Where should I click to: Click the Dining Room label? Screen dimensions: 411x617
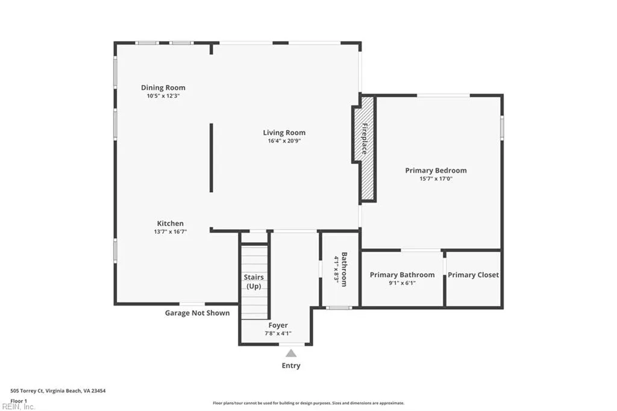click(163, 87)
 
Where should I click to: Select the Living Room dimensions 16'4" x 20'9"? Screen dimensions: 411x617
click(284, 141)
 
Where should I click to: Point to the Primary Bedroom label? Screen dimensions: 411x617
click(436, 171)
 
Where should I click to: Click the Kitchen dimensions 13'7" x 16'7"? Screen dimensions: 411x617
click(171, 231)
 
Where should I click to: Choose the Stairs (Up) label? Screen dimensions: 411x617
click(254, 281)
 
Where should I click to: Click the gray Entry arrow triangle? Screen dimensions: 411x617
click(291, 353)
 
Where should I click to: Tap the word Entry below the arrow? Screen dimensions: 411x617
click(291, 366)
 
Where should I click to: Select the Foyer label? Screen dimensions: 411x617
click(278, 325)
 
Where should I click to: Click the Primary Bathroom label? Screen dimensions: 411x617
click(402, 275)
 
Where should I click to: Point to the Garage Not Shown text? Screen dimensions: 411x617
click(198, 313)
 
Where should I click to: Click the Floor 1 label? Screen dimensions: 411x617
click(19, 400)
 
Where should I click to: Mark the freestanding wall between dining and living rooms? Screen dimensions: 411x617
click(211, 157)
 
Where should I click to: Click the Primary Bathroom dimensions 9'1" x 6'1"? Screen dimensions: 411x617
click(402, 283)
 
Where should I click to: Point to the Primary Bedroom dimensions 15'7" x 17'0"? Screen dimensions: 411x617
click(436, 178)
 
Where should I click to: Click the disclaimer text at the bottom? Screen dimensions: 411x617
click(308, 403)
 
